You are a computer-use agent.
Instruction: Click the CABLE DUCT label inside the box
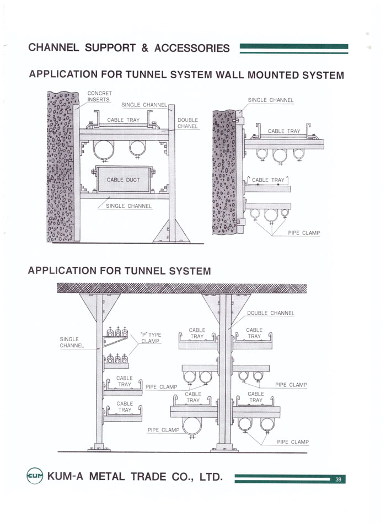[x=124, y=180]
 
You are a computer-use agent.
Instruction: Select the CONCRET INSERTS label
[x=99, y=96]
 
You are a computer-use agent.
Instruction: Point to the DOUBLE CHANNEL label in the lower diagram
[x=270, y=313]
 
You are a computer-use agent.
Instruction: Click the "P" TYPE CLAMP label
[x=150, y=337]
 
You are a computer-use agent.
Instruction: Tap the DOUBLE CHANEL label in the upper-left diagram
[x=187, y=123]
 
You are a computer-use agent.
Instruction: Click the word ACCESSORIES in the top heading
[x=192, y=48]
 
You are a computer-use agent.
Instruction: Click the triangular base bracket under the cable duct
[x=173, y=233]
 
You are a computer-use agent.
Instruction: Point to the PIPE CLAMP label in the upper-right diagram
[x=304, y=233]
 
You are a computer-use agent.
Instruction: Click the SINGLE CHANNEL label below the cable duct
[x=128, y=206]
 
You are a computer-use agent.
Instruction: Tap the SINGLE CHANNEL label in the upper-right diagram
[x=270, y=100]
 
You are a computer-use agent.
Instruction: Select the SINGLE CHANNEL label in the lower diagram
[x=71, y=342]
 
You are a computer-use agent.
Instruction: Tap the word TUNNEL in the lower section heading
[x=144, y=271]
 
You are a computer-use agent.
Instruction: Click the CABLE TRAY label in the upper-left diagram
[x=124, y=120]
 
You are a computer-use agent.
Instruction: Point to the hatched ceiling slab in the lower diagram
[x=182, y=288]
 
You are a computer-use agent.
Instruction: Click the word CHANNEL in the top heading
[x=54, y=48]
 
